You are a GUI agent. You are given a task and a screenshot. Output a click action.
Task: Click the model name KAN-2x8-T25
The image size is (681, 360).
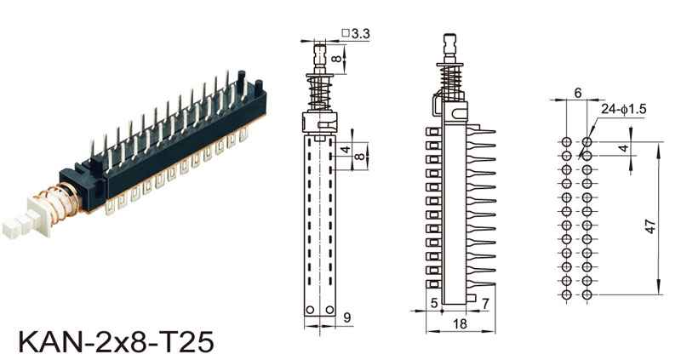coord(116,342)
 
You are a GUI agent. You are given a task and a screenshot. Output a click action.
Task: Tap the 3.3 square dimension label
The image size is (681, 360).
coord(356,33)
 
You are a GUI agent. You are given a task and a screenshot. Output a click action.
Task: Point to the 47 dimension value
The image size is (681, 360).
coord(650,226)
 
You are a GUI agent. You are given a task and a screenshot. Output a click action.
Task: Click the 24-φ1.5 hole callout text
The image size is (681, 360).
coord(624,109)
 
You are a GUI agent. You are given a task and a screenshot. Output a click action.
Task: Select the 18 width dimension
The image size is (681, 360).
coord(460,323)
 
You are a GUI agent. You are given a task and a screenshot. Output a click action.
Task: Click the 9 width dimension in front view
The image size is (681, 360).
coord(346,317)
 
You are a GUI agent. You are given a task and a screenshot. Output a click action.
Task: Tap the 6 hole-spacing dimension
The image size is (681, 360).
coord(578,93)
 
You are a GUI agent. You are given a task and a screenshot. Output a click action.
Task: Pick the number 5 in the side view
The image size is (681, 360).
coord(434,303)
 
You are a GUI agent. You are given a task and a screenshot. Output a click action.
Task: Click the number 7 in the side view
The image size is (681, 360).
coord(485,303)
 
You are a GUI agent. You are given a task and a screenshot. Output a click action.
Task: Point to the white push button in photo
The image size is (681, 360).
coord(27,220)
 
